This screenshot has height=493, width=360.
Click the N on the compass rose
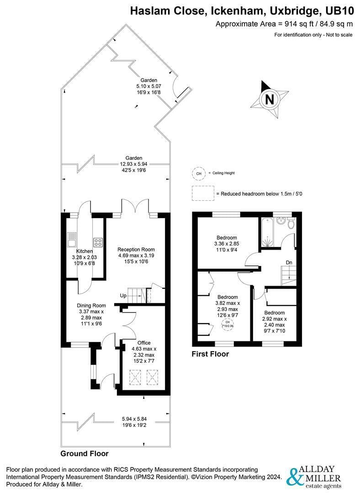point(270,99)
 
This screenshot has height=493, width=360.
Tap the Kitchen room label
point(85,251)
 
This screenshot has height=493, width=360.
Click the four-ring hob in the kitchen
point(98,242)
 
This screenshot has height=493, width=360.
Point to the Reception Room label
point(136,249)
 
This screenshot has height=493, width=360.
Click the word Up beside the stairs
point(123,295)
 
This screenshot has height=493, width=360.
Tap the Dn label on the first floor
point(289,262)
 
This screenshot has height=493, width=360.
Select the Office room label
point(144,343)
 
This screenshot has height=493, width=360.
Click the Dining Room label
point(91,305)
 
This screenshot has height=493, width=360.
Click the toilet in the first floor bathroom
point(291,223)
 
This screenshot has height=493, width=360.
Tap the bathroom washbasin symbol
point(281,221)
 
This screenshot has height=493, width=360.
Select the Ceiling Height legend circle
point(198,173)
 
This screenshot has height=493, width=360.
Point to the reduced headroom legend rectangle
point(203,194)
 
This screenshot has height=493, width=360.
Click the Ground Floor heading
point(85,453)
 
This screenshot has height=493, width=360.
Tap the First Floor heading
point(210,354)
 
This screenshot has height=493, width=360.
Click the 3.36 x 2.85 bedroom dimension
point(227,244)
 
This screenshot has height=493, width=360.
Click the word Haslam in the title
point(149,11)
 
